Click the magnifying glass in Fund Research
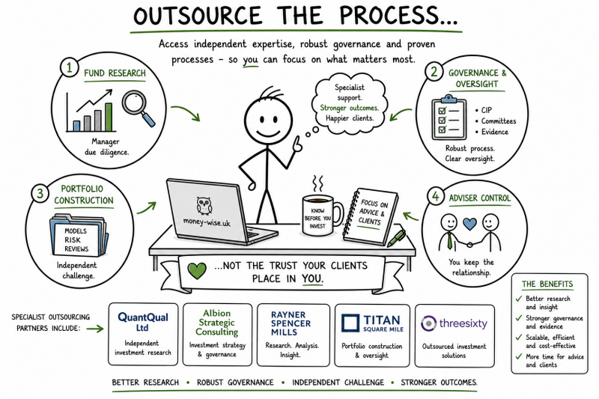(138, 107)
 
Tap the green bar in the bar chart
(109, 117)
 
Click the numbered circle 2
(434, 71)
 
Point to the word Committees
(499, 121)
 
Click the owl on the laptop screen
(204, 205)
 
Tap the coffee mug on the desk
(322, 215)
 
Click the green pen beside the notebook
(396, 238)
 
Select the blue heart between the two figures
(469, 224)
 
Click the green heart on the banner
(197, 271)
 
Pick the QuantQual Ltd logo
(143, 322)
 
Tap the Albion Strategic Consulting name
(216, 323)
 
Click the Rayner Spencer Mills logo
(291, 323)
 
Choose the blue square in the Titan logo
(350, 323)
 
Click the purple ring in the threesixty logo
(428, 323)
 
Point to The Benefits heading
(547, 284)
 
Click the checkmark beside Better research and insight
(518, 299)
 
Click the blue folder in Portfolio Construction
(79, 235)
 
